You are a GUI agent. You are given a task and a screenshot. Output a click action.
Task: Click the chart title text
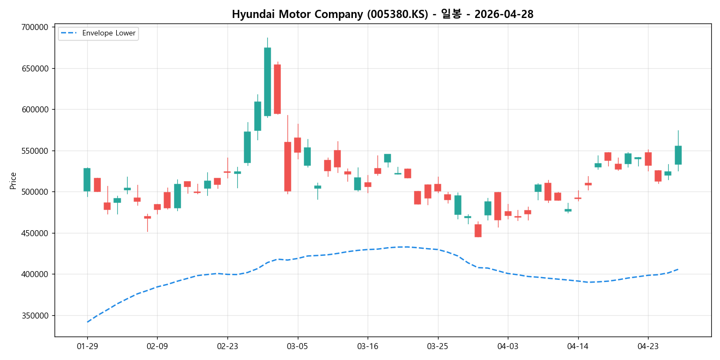[382, 15]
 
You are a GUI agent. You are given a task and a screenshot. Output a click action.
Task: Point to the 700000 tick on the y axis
[34, 27]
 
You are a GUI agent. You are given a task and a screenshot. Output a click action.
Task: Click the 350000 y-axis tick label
[34, 316]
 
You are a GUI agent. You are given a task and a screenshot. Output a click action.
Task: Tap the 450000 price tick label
[34, 233]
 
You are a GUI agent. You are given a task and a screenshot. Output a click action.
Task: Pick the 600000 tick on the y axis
[34, 110]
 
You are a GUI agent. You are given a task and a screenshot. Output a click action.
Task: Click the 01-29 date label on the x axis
[87, 346]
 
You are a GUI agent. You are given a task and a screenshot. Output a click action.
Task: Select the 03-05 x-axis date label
[297, 346]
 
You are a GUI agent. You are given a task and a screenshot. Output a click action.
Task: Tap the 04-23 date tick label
[647, 346]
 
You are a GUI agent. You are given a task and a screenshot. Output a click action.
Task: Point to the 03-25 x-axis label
[437, 346]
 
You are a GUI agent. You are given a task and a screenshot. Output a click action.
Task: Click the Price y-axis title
[13, 181]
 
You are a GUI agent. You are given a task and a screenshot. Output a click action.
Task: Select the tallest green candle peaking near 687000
[267, 81]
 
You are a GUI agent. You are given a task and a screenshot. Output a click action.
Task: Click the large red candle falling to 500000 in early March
[287, 166]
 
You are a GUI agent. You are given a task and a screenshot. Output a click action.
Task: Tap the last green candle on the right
[678, 155]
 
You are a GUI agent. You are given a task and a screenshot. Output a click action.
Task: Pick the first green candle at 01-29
[87, 179]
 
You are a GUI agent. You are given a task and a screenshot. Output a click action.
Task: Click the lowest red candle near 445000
[478, 230]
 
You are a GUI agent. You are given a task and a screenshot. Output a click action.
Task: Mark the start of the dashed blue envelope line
[87, 322]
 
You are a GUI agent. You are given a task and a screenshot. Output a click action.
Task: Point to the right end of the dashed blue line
[678, 269]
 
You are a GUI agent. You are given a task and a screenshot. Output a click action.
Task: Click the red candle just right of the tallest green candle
[277, 89]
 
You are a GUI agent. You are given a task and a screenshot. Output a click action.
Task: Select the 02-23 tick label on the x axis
[227, 346]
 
